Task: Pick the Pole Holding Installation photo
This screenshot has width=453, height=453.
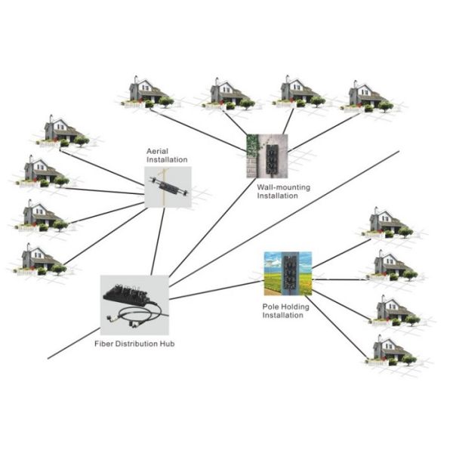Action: (x=287, y=272)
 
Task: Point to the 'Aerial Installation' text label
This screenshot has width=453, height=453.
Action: (x=167, y=156)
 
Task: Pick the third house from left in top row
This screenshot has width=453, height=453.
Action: (x=298, y=91)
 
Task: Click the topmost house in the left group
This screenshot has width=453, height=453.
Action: (x=62, y=130)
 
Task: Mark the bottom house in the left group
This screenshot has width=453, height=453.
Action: (x=39, y=258)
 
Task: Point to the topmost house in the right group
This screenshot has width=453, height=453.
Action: (x=387, y=221)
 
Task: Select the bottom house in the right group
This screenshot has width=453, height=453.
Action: (x=391, y=348)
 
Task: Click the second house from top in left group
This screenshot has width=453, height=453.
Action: (x=42, y=171)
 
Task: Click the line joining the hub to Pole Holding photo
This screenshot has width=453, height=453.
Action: (x=215, y=290)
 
